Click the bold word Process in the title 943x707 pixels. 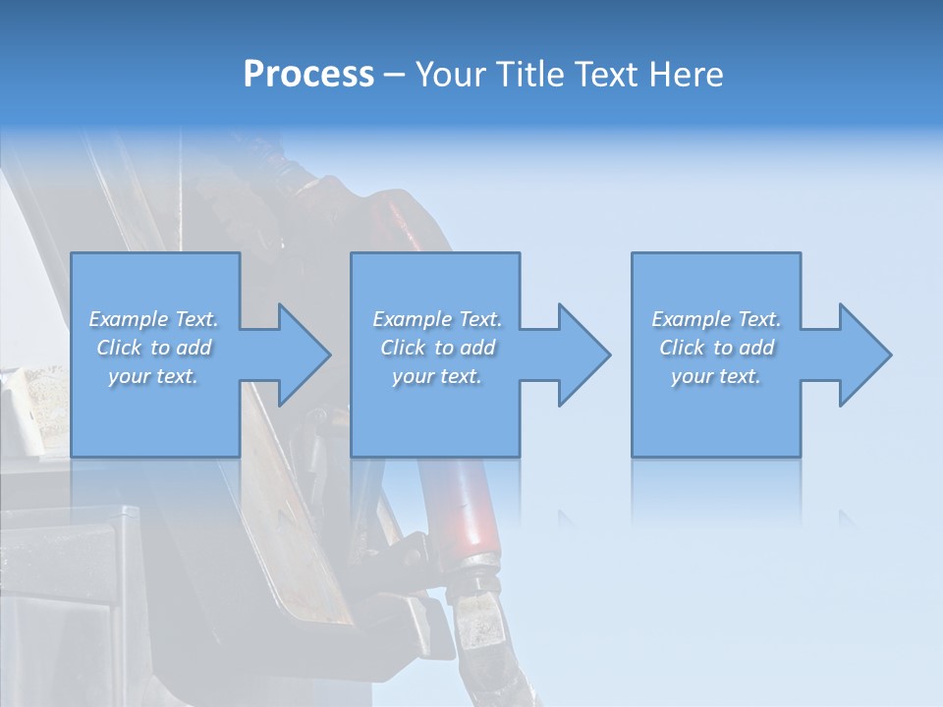coord(308,75)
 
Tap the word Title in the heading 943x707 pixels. coord(530,75)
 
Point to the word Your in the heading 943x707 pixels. coord(453,75)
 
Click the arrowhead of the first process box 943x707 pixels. coord(303,354)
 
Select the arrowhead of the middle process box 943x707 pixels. coord(582,354)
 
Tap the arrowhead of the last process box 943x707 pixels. coord(863,354)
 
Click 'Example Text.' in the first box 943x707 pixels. coord(153,319)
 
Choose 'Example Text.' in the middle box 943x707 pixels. coord(437,319)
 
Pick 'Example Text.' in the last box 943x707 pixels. coord(716,319)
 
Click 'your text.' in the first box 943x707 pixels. coord(153,376)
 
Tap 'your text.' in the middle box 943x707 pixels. coord(437,376)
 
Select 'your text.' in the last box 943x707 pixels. coord(716,376)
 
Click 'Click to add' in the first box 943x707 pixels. coord(153,348)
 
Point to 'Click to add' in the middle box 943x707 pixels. coord(437,348)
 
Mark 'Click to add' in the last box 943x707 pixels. coord(716,348)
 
